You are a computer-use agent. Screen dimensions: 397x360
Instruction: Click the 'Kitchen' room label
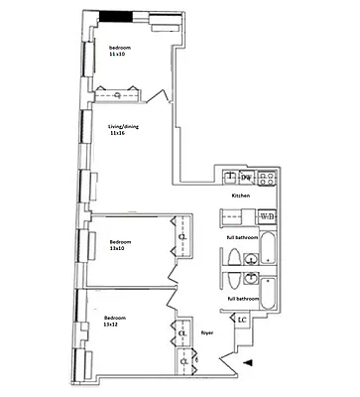[x=240, y=197]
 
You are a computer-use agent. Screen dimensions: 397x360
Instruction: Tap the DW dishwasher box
[x=246, y=178]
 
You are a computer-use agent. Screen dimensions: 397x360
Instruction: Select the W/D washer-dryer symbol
[x=265, y=215]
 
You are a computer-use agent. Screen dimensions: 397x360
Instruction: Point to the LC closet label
[x=242, y=319]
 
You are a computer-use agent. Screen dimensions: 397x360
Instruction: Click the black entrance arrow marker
[x=247, y=364]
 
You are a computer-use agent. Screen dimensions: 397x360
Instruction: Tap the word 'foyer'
[x=208, y=333]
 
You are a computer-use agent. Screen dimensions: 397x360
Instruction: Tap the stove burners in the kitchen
[x=266, y=179]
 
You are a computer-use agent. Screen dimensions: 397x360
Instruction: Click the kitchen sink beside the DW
[x=229, y=179]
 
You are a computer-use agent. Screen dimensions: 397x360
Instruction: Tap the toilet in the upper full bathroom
[x=232, y=259]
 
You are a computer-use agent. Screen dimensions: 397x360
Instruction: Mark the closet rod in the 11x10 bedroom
[x=118, y=94]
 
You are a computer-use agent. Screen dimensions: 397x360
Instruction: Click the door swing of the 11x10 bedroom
[x=157, y=96]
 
